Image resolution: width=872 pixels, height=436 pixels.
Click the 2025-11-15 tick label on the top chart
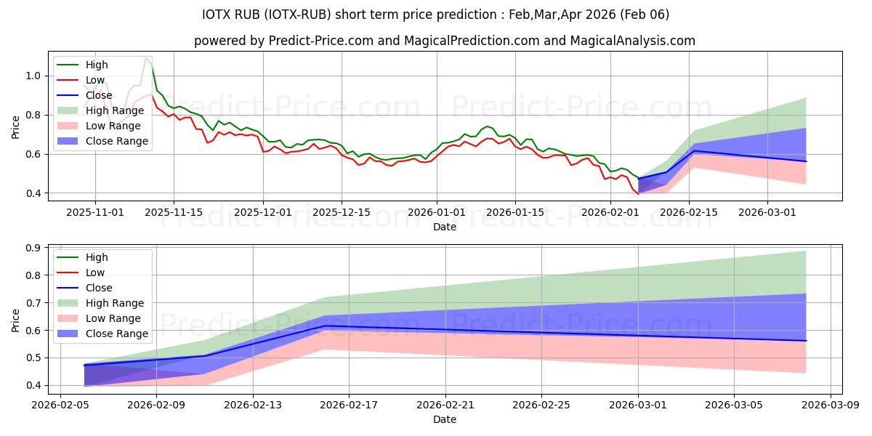(173, 212)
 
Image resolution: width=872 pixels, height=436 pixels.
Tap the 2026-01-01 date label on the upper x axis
(437, 212)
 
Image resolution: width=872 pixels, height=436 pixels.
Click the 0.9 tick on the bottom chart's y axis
(32, 248)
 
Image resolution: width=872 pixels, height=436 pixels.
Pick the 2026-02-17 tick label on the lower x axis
(349, 405)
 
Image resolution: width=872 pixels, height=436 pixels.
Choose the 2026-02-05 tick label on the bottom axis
(60, 405)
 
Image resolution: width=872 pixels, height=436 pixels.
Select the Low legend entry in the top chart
(95, 80)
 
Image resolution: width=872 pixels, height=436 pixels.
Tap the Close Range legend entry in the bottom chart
(117, 334)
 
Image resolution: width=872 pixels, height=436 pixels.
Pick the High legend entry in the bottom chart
(97, 257)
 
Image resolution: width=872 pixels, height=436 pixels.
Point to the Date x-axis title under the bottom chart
(445, 419)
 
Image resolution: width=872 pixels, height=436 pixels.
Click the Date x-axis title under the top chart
(445, 227)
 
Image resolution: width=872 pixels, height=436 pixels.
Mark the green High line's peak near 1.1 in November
(146, 57)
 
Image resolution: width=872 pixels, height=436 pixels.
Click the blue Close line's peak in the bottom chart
(325, 326)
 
